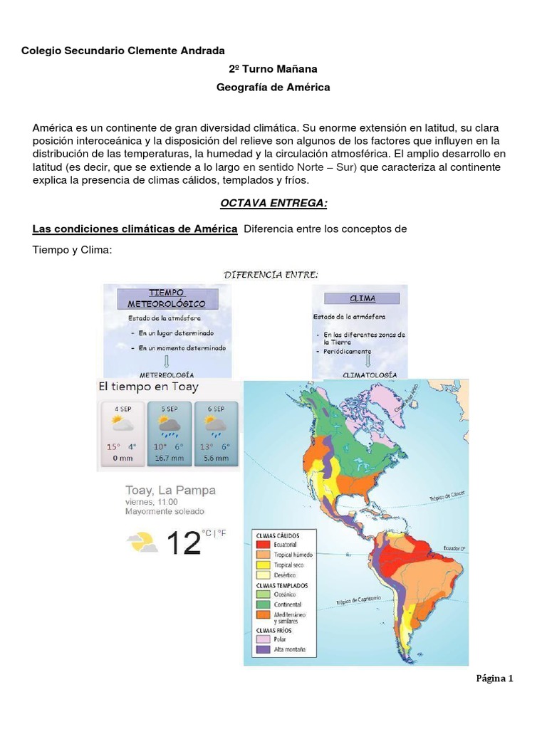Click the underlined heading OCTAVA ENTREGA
pos(273,203)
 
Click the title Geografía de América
pos(273,87)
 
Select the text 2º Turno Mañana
pos(273,69)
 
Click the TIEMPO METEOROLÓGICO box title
pos(167,298)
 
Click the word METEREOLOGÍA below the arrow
pos(167,373)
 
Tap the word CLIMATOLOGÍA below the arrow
pos(365,374)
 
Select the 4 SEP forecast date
pos(122,409)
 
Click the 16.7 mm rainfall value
pos(169,459)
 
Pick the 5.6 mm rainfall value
pos(214,459)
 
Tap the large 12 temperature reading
pos(182,543)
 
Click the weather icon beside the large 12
pos(142,542)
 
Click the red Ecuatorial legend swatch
pos(261,545)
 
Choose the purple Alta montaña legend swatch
pos(261,650)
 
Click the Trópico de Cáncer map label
pos(446,496)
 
